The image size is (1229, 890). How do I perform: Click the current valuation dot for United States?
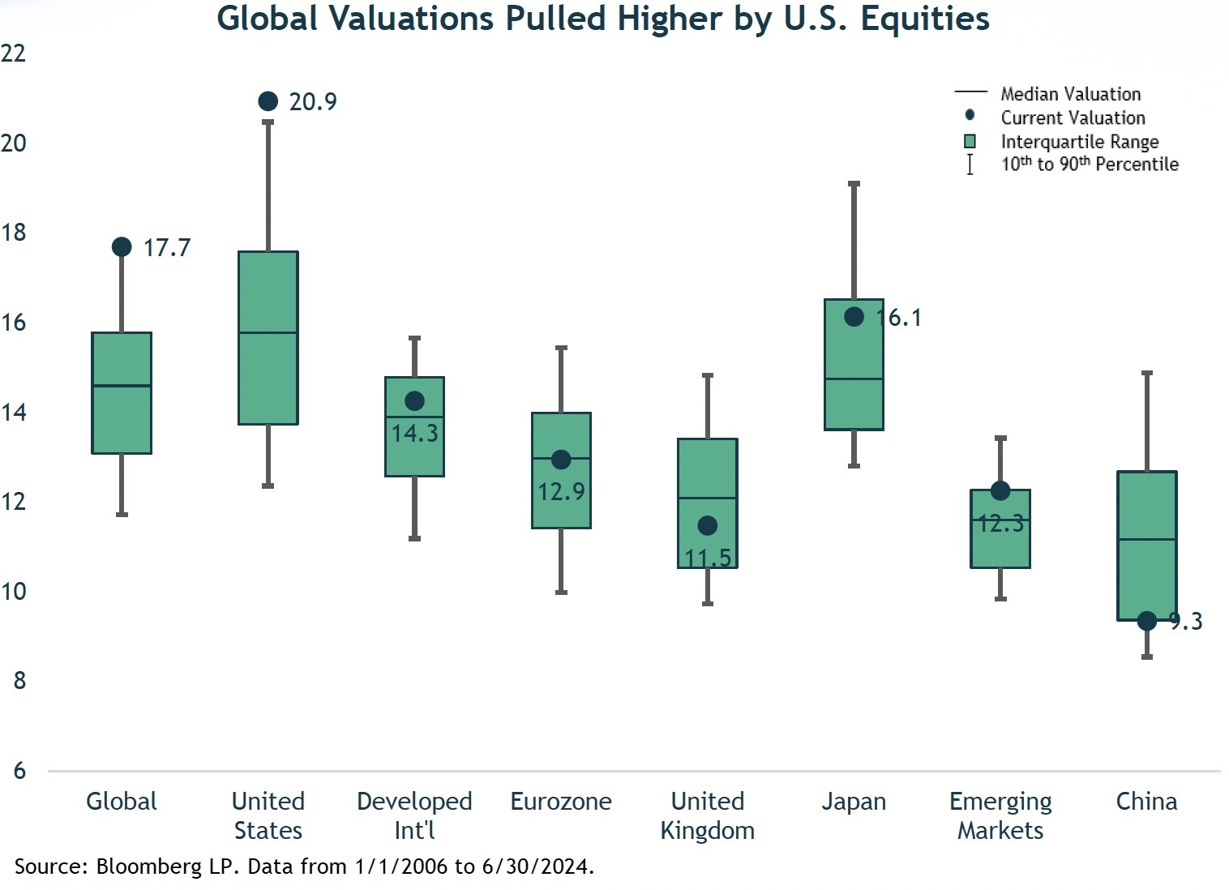[268, 101]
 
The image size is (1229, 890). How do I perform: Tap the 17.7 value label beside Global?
[167, 248]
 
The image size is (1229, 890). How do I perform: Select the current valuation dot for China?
[1146, 621]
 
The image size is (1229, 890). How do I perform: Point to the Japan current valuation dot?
[854, 317]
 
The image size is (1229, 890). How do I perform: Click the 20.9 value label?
[313, 102]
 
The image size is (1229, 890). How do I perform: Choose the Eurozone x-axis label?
[560, 802]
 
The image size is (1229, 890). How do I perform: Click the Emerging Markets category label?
[1000, 815]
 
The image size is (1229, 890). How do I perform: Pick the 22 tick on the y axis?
[14, 53]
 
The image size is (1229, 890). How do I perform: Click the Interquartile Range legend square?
[970, 142]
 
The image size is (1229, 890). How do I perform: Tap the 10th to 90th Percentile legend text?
[1089, 165]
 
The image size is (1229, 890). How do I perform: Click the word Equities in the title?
[925, 19]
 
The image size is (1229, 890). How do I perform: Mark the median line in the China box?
[1146, 539]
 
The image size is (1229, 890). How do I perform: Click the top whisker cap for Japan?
[854, 184]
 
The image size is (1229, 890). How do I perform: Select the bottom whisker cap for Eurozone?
[561, 592]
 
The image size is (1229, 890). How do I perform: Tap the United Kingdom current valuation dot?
[707, 525]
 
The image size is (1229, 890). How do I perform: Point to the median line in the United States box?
[268, 332]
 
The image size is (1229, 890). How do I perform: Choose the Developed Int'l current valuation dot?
[414, 401]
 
